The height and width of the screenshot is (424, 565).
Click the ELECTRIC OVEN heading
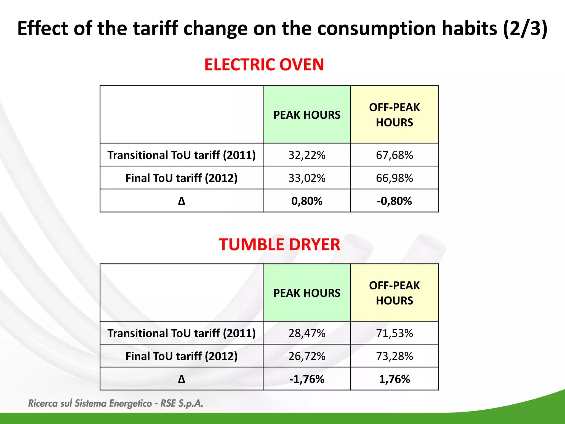pos(264,65)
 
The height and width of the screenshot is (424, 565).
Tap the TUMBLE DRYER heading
pos(279,245)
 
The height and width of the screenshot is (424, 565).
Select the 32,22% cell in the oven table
pos(307,155)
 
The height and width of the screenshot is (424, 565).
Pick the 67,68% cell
pos(394,155)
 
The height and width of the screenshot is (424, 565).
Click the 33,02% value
pos(307,178)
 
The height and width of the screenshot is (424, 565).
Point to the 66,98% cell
pos(394,178)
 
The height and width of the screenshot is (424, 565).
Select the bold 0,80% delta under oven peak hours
pos(307,201)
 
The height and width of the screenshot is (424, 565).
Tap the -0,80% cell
pos(394,201)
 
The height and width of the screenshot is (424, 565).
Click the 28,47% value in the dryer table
pos(307,333)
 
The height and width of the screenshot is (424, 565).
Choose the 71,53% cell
pos(394,333)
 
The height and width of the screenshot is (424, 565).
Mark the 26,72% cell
pos(307,356)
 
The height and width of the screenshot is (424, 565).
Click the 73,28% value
pos(394,356)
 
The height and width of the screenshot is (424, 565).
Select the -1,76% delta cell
pos(307,379)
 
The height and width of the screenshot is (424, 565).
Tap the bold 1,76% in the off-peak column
pos(394,379)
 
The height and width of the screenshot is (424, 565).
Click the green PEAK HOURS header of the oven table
pos(307,115)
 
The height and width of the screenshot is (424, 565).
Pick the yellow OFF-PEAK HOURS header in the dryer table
pos(394,293)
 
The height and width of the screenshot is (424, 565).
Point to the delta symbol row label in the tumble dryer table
pos(182,379)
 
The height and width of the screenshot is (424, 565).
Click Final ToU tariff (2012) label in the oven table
pos(182,178)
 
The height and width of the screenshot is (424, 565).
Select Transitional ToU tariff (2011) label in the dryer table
pos(182,333)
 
